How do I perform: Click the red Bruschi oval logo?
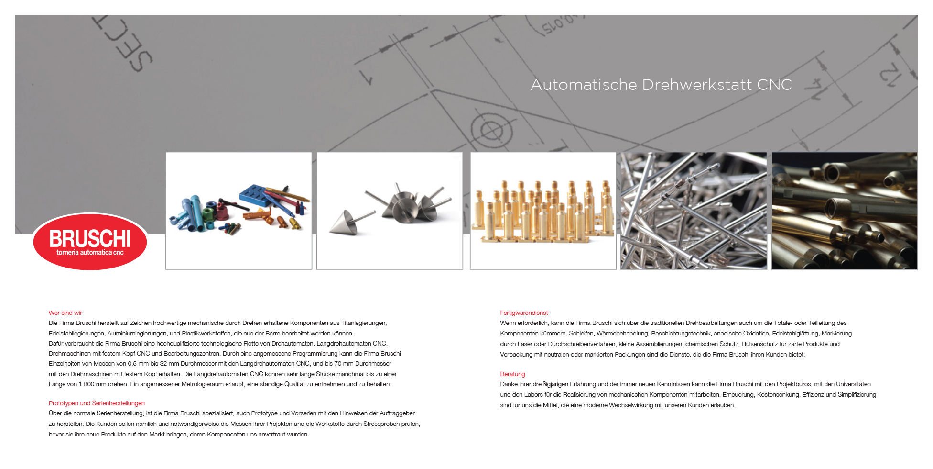point(90,241)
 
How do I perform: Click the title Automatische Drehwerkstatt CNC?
point(661,85)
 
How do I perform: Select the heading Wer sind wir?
point(65,313)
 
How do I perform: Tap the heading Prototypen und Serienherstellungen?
point(97,403)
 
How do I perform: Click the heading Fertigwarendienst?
point(524,313)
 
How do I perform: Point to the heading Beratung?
point(512,374)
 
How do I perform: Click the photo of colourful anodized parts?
point(239,211)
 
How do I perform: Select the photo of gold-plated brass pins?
point(543,211)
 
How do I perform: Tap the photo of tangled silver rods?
point(694,211)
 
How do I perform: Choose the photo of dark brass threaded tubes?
point(845,211)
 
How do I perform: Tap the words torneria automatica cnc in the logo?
point(90,253)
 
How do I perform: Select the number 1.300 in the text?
point(87,384)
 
